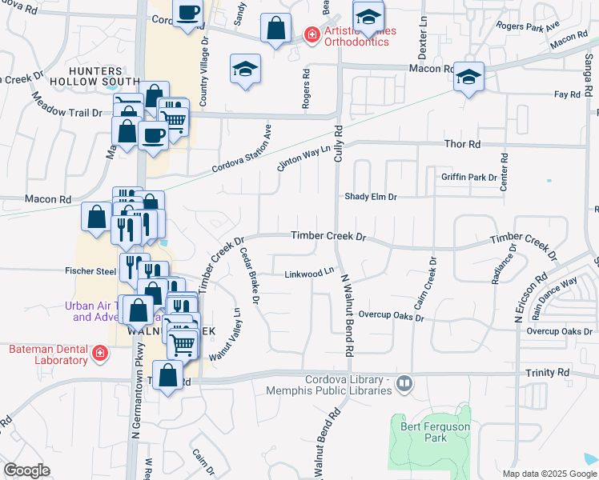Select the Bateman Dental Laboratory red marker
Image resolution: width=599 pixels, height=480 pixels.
tap(99, 353)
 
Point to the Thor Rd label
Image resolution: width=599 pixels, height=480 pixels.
tap(462, 145)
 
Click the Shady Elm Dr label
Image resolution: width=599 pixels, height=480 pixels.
tap(371, 196)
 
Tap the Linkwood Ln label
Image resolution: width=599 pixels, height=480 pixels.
tap(308, 274)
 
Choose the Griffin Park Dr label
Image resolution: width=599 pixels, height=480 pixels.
tap(468, 177)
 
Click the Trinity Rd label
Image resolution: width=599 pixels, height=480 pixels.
tap(548, 373)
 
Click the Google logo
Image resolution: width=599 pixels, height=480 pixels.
tap(26, 470)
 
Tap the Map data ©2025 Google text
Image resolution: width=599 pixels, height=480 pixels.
tap(549, 474)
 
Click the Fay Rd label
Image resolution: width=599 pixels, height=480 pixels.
tap(567, 94)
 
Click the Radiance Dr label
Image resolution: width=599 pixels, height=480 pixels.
tap(500, 263)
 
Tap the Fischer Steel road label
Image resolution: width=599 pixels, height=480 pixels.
tap(90, 271)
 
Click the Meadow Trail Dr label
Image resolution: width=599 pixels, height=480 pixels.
tap(67, 105)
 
